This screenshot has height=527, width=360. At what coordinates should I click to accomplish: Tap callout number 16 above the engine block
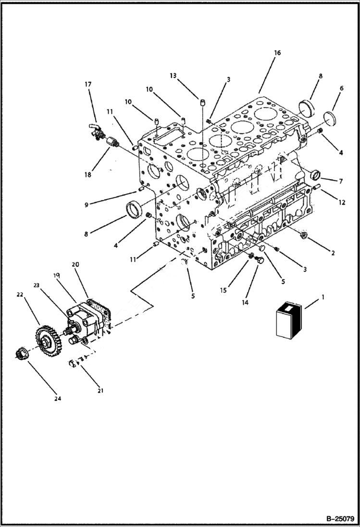coord(277,53)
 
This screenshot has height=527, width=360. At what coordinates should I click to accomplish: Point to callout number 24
coord(58,398)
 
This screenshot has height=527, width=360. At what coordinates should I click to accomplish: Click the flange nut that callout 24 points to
coord(22,355)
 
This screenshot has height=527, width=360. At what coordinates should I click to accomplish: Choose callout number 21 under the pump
coord(100,391)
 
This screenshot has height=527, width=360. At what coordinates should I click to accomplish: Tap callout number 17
coord(88,85)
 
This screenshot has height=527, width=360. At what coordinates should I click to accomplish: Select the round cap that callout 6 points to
coord(329,118)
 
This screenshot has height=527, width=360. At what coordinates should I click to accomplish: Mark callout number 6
coord(342,88)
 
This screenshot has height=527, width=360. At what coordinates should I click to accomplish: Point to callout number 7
coord(340,181)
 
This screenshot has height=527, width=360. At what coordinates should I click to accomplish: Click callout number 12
coord(342,203)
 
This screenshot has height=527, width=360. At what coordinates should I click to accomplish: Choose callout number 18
coord(88,174)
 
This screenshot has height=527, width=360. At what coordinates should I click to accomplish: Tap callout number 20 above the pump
coord(75,264)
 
